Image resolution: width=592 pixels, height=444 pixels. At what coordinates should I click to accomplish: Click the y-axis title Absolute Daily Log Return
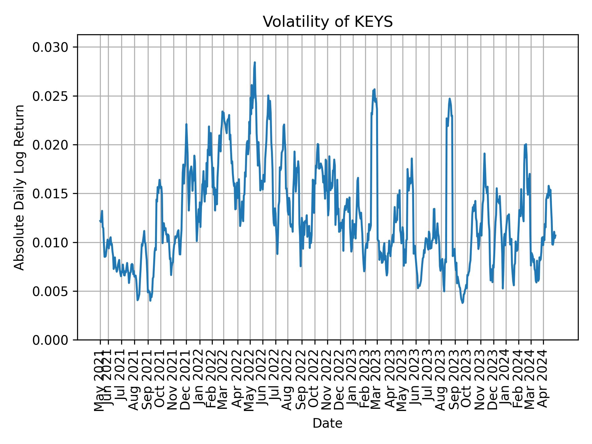click(x=20, y=187)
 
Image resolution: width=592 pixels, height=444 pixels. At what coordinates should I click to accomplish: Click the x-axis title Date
click(x=327, y=423)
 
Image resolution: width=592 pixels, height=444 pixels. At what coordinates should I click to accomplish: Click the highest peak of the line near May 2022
click(x=255, y=63)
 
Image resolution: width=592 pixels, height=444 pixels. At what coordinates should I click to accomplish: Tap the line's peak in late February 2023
click(x=374, y=89)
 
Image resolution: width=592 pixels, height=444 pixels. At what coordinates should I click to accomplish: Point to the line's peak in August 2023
click(x=450, y=99)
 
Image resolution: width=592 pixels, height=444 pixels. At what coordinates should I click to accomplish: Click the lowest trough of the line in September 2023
click(x=462, y=303)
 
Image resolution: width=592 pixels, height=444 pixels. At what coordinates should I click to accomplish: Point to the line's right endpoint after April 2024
click(x=556, y=235)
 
